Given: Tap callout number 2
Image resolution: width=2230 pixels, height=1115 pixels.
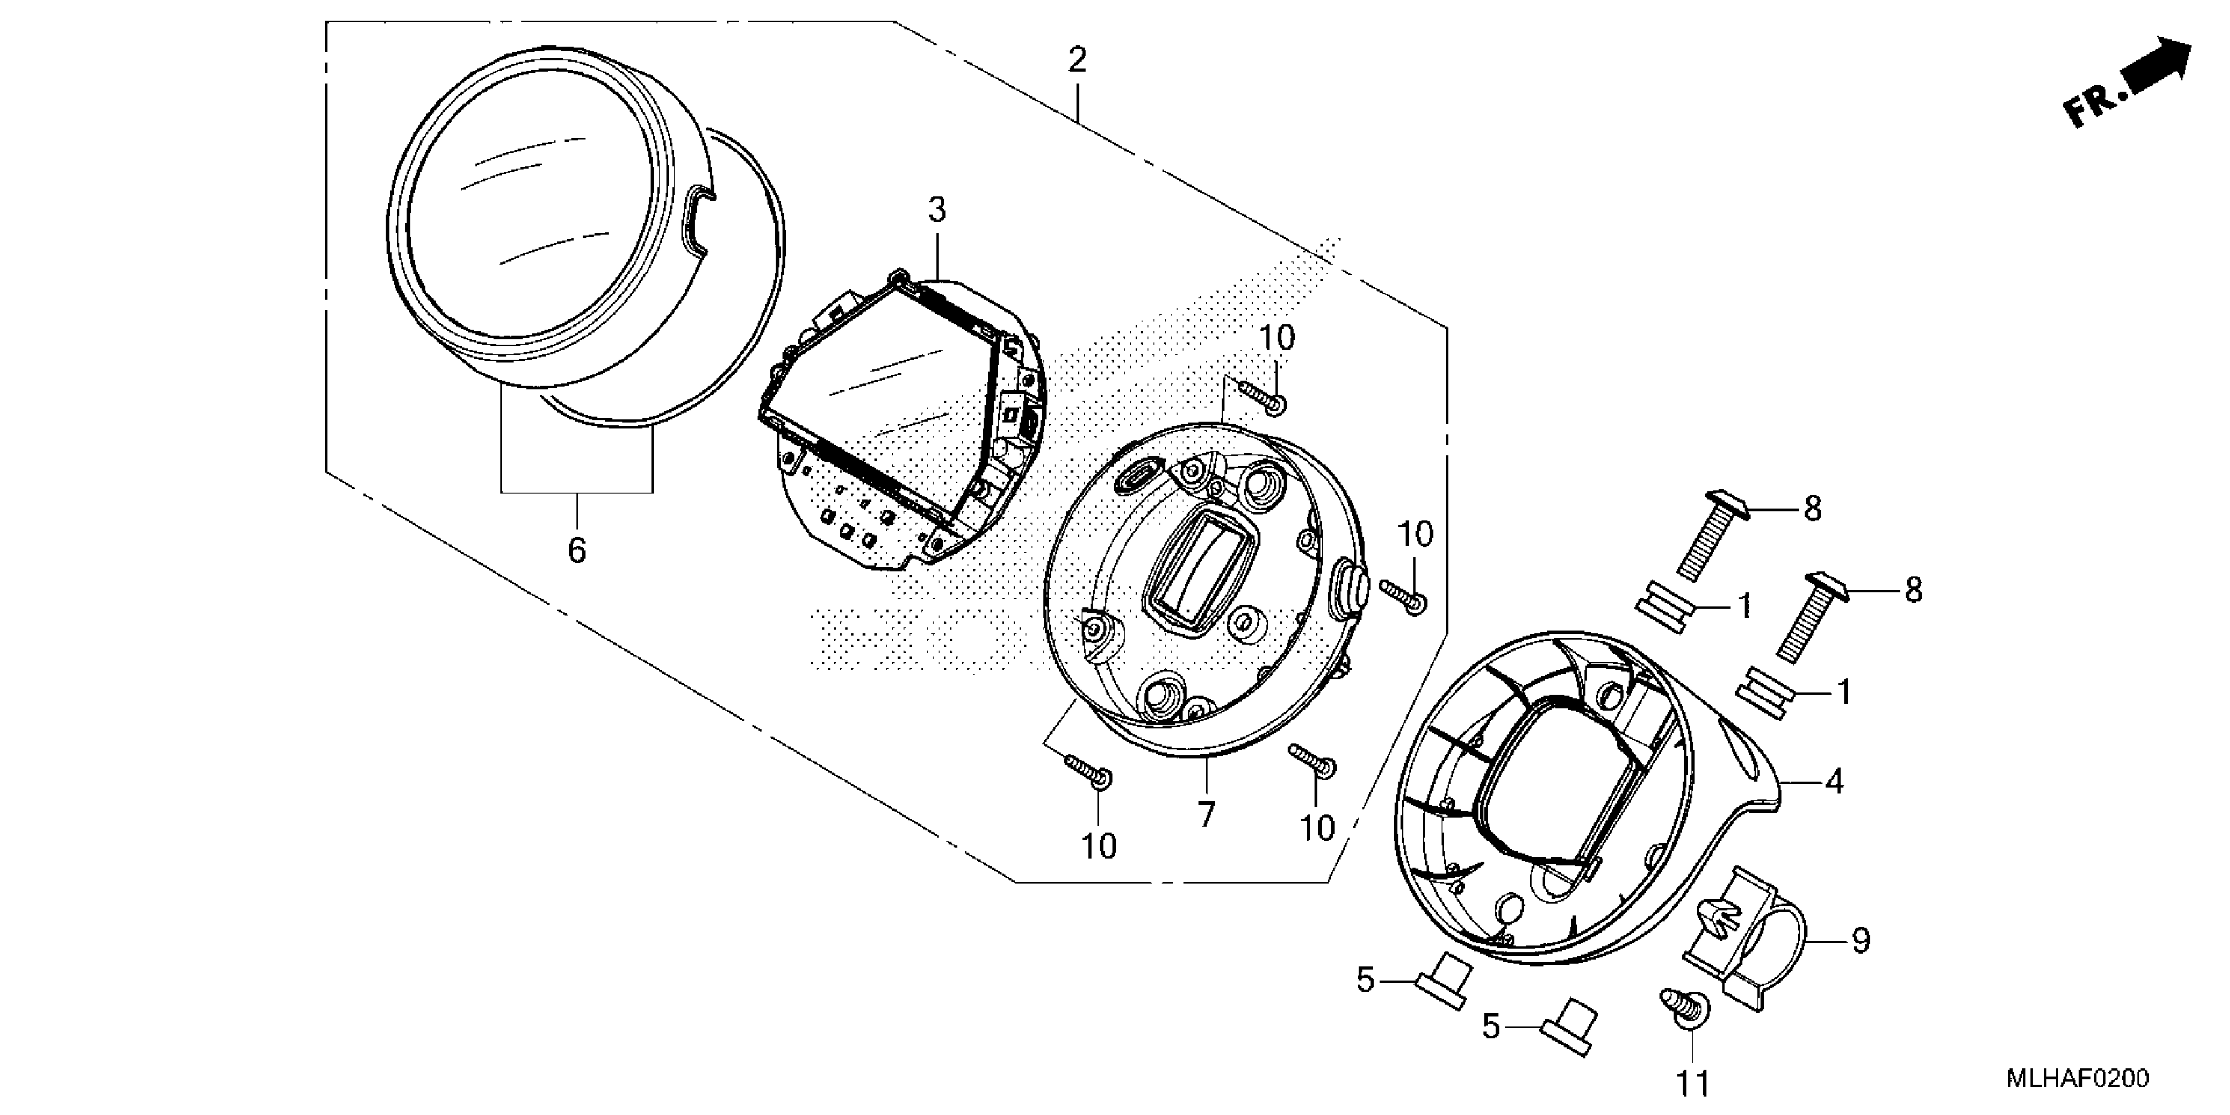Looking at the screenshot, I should click(1077, 60).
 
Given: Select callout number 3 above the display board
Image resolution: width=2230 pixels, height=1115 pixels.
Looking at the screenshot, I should click(937, 211).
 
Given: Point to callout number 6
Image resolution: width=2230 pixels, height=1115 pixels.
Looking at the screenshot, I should click(577, 550).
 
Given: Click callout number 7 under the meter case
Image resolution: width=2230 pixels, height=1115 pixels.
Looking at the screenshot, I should click(1207, 815).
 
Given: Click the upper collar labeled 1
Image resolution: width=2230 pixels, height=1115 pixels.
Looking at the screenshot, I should click(1664, 608).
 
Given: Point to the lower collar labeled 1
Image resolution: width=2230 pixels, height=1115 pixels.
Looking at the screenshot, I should click(1764, 692).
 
